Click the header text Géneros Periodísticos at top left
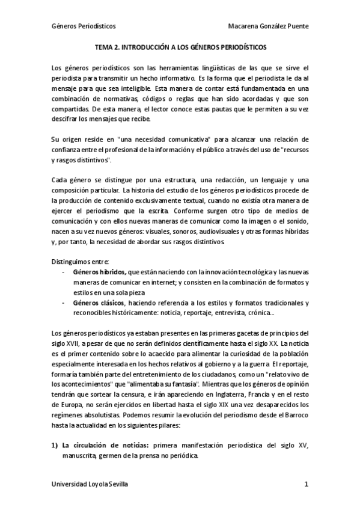84,27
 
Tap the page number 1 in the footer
306,484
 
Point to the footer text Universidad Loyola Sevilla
90,484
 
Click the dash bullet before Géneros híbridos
64,272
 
